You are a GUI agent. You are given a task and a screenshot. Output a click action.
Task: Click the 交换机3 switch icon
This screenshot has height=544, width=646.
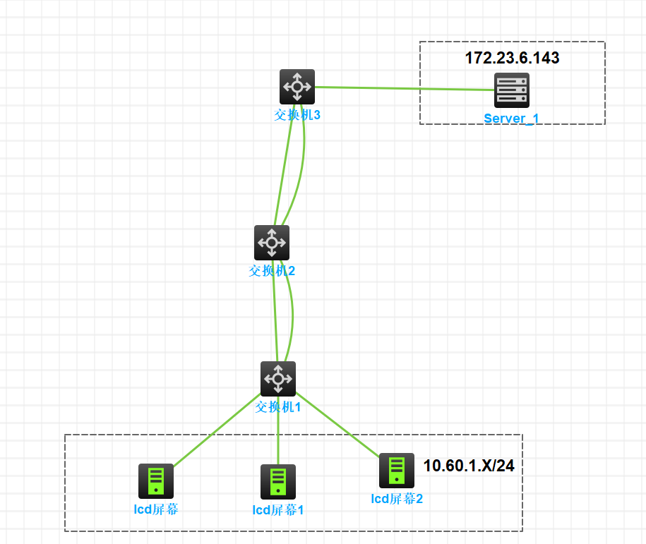(297, 87)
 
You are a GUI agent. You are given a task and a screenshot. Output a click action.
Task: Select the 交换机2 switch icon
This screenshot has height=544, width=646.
(272, 243)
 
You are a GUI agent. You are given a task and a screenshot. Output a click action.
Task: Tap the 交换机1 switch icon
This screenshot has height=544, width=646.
(278, 379)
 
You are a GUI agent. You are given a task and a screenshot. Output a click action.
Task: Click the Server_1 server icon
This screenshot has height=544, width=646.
(511, 90)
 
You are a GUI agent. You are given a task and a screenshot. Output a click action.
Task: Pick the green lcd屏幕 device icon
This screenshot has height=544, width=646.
(155, 481)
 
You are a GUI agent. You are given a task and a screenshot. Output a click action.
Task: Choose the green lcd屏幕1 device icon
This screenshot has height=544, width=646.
(278, 482)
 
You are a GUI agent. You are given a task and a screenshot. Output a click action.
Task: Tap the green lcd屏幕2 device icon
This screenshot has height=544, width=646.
(397, 471)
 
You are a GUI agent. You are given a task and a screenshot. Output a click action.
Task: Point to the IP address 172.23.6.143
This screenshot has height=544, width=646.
(512, 58)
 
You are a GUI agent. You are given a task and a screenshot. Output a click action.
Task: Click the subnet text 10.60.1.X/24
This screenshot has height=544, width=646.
(469, 466)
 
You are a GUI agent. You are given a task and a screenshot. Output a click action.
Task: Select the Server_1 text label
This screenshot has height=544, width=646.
(511, 118)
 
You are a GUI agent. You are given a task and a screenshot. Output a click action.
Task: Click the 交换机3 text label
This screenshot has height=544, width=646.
(297, 114)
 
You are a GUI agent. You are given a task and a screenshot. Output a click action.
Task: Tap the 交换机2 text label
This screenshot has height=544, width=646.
(272, 270)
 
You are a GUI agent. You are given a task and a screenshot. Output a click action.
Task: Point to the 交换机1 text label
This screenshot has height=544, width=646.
(278, 406)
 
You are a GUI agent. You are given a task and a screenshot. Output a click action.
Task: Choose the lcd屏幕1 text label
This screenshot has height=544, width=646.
(278, 509)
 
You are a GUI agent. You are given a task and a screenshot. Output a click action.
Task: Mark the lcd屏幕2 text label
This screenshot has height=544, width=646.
(397, 499)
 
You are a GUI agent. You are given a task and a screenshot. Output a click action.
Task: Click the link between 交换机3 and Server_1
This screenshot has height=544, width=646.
(402, 89)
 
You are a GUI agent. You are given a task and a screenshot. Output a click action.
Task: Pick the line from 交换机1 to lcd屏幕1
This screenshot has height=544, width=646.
(278, 437)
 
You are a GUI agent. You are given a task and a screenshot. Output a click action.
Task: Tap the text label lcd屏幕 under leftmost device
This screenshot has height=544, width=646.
(155, 509)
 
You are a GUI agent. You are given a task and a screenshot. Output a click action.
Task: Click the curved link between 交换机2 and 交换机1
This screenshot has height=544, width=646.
(292, 318)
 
